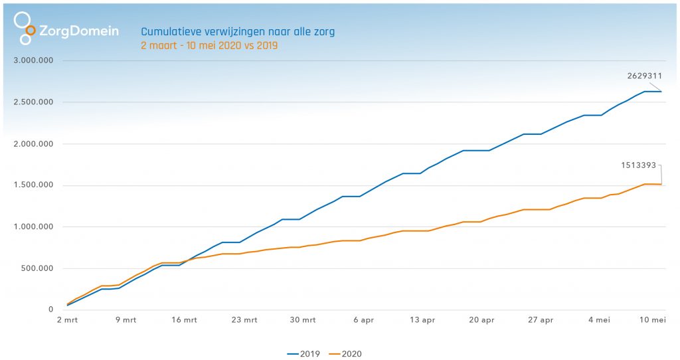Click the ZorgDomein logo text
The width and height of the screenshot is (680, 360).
pyautogui.click(x=78, y=31)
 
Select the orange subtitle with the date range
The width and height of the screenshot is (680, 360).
pyautogui.click(x=209, y=46)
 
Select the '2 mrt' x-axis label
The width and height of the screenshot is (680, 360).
pyautogui.click(x=67, y=320)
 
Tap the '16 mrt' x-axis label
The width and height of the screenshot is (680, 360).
pyautogui.click(x=185, y=320)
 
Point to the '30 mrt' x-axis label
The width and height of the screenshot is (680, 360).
pyautogui.click(x=303, y=320)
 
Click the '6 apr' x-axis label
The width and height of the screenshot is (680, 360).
pyautogui.click(x=363, y=320)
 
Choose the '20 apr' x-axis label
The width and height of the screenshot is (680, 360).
pyautogui.click(x=482, y=320)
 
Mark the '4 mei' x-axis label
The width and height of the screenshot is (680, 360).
pyautogui.click(x=600, y=320)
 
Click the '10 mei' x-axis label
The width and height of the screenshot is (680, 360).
pyautogui.click(x=652, y=320)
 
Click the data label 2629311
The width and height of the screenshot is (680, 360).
pyautogui.click(x=644, y=76)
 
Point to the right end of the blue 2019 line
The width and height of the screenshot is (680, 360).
pyautogui.click(x=661, y=92)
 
